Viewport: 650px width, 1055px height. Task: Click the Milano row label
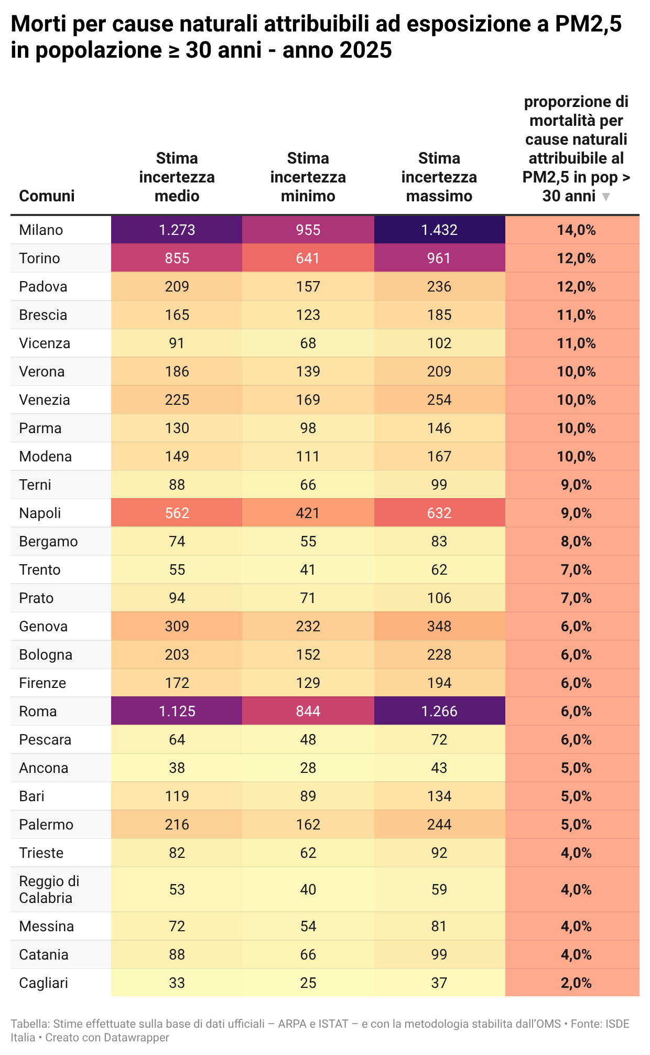coord(41,230)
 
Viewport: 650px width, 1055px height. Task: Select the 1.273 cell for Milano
coord(177,230)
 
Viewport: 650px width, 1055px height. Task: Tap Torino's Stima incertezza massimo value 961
coord(439,258)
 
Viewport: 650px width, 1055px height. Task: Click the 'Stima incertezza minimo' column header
coord(308,177)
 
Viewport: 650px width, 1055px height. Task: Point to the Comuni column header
coord(47,196)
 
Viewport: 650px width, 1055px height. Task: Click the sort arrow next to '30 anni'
coord(606,197)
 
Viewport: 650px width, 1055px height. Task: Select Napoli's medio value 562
coord(177,513)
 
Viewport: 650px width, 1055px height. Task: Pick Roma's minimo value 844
coord(308,711)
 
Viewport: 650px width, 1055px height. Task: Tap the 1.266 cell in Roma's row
coord(439,711)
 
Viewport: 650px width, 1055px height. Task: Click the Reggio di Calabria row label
coord(49,889)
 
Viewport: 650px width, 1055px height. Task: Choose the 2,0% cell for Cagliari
coord(576,983)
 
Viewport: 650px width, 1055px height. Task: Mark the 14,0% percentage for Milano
coord(576,230)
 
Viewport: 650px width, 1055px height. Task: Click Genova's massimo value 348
coord(439,626)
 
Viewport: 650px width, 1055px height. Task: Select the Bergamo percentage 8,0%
coord(576,541)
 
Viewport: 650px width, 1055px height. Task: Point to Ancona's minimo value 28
coord(308,768)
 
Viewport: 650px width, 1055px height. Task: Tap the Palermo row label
coord(46,824)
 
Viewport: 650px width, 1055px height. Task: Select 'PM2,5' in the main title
coord(589,24)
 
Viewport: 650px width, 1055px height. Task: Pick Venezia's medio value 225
coord(177,400)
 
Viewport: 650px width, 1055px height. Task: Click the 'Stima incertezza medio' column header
coord(177,177)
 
